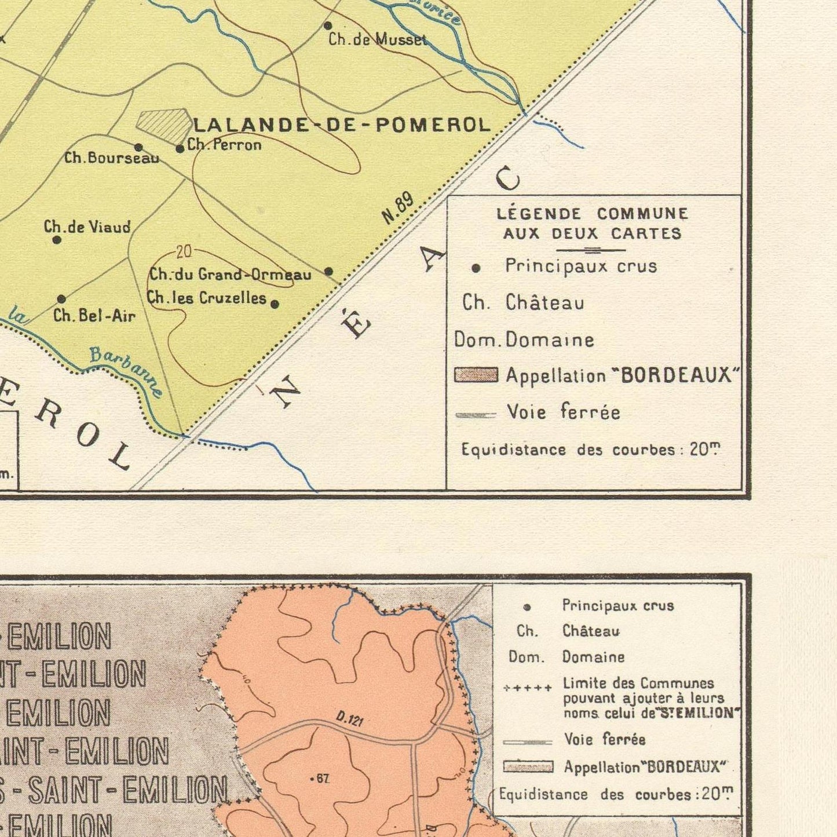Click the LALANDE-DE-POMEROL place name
(342, 125)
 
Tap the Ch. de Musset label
(377, 39)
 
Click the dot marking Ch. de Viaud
(57, 240)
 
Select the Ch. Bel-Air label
(94, 316)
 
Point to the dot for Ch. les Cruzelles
(275, 304)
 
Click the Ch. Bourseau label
(111, 158)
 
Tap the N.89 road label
(398, 208)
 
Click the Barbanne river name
(126, 371)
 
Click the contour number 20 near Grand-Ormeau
(184, 252)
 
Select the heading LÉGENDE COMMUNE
(593, 214)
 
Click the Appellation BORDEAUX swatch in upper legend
(476, 375)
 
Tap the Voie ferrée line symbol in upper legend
(476, 415)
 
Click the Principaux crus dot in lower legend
(527, 607)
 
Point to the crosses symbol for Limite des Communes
(527, 688)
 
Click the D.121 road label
(350, 720)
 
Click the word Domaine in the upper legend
(550, 339)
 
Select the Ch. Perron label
(224, 145)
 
